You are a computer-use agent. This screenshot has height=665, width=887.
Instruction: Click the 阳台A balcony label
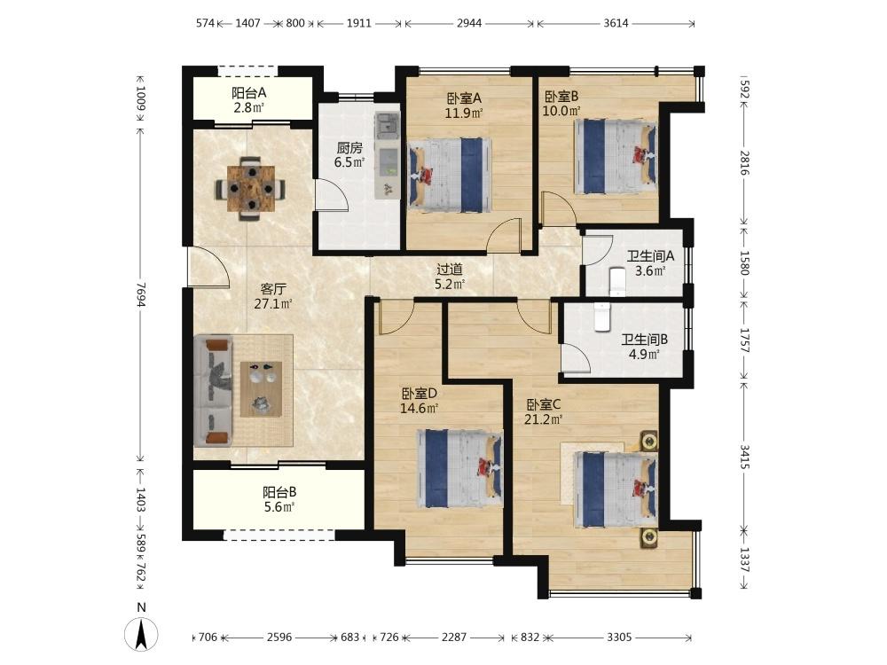(x=249, y=93)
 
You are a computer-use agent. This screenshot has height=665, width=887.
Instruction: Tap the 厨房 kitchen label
(x=349, y=148)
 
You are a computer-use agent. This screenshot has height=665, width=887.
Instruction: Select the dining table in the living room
(x=251, y=188)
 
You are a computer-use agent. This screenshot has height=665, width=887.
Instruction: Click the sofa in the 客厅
(x=213, y=390)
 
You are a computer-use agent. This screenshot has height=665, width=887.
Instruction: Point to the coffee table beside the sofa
(x=262, y=388)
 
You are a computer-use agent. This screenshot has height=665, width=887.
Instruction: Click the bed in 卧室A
(x=449, y=175)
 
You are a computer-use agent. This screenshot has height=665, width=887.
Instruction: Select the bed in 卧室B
(x=616, y=155)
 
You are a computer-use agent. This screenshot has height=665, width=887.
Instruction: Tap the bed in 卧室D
(x=459, y=468)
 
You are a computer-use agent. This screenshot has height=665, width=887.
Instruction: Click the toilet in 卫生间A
(x=617, y=282)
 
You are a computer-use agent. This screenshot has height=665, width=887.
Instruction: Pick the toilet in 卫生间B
(x=601, y=317)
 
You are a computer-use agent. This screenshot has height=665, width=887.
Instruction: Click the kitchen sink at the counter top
(x=388, y=124)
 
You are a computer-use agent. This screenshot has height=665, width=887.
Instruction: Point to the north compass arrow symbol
(x=141, y=634)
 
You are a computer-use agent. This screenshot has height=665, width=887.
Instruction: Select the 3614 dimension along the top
(x=616, y=23)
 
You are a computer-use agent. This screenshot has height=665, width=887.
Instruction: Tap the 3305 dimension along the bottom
(x=619, y=638)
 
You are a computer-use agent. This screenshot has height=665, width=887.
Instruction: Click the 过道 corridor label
(x=450, y=270)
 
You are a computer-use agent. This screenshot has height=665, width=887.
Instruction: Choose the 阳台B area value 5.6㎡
(x=279, y=507)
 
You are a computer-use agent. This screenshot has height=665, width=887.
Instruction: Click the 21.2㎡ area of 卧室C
(x=544, y=419)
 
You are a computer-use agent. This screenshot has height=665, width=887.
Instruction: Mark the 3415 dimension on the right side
(x=744, y=457)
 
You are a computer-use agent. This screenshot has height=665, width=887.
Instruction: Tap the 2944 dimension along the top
(x=469, y=23)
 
